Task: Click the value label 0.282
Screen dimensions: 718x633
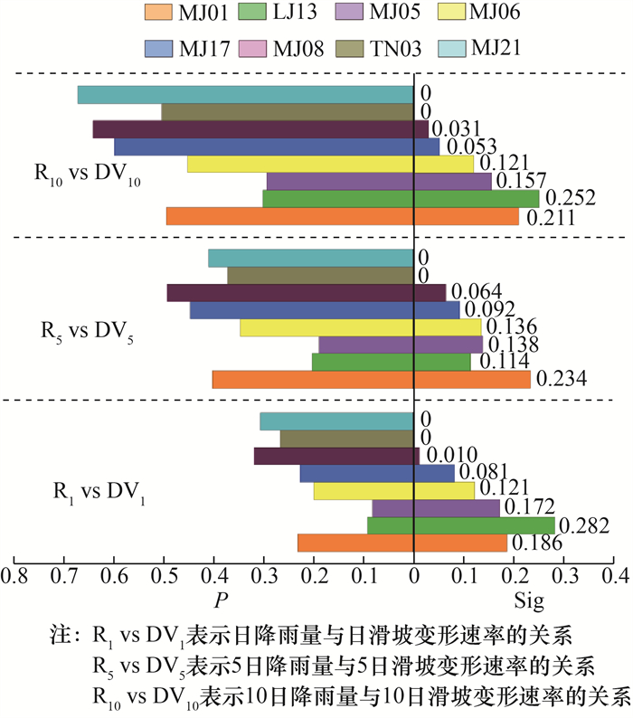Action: click(585, 525)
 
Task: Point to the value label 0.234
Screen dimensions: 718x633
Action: click(562, 380)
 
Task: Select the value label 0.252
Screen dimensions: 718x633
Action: click(570, 199)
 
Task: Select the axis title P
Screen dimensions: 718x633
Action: click(220, 600)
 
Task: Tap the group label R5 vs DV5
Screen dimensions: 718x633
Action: click(90, 328)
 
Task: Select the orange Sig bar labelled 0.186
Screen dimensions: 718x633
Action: click(460, 543)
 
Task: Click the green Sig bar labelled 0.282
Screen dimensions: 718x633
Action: click(484, 525)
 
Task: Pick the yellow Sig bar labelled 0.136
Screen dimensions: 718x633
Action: click(448, 327)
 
